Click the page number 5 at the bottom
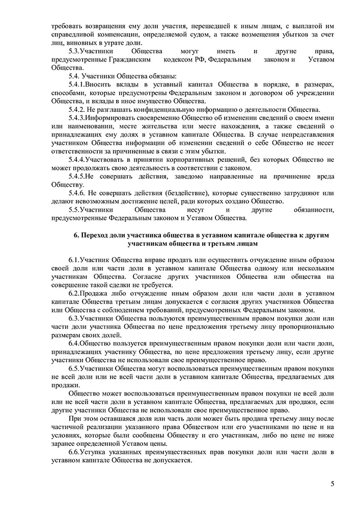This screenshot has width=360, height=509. (332, 484)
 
